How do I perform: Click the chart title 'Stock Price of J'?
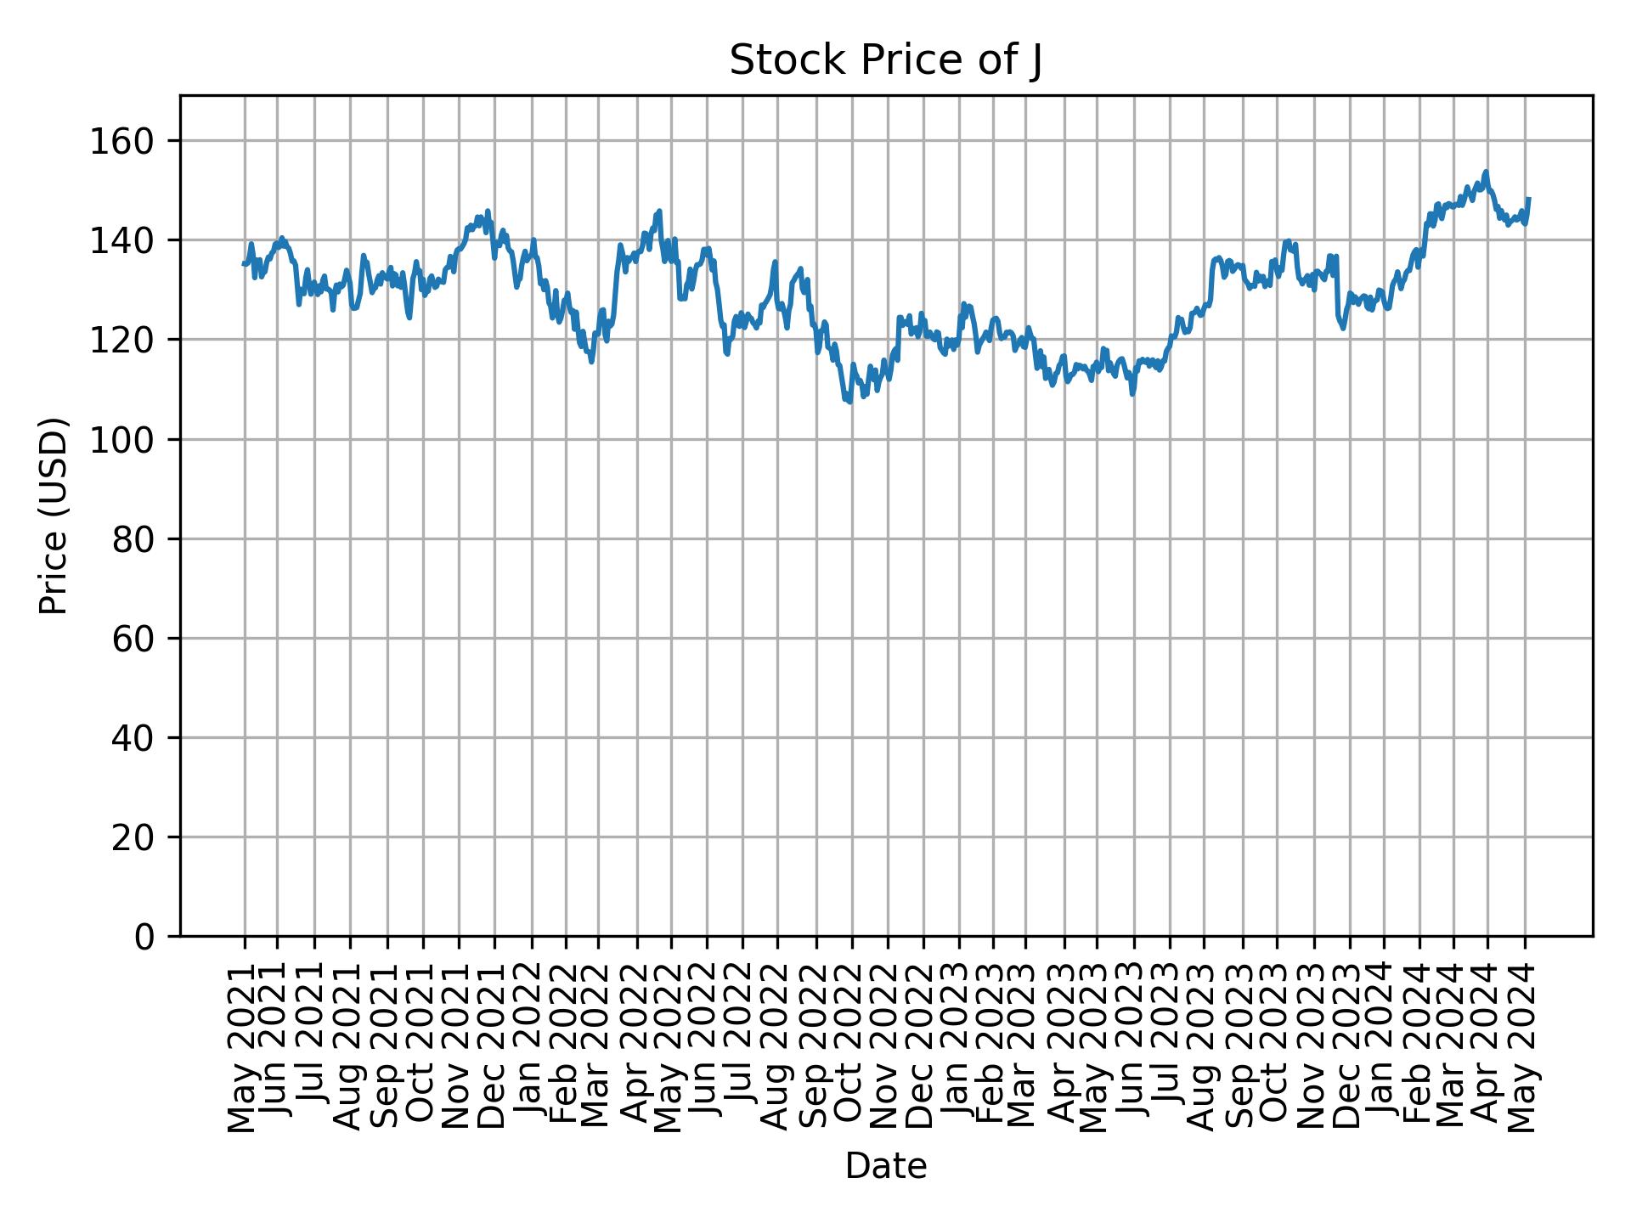pyautogui.click(x=885, y=61)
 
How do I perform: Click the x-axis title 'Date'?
pyautogui.click(x=885, y=1166)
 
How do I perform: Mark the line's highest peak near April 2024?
pyautogui.click(x=1486, y=172)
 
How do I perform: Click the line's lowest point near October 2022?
pyautogui.click(x=849, y=402)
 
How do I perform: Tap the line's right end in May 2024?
pyautogui.click(x=1529, y=199)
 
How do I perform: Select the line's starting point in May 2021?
pyautogui.click(x=244, y=264)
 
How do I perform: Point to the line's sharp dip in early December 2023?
pyautogui.click(x=1343, y=328)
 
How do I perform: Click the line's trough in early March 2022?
pyautogui.click(x=591, y=362)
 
